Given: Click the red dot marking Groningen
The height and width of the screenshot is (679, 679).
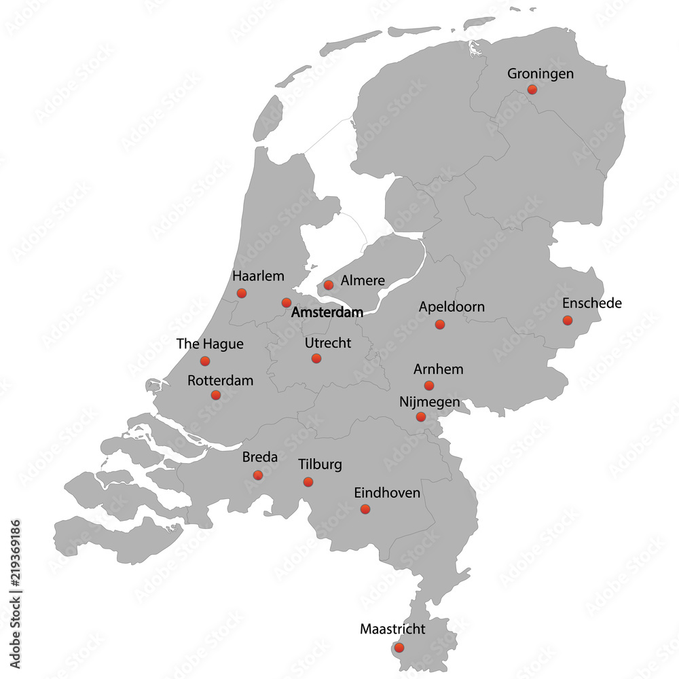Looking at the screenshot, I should (532, 89).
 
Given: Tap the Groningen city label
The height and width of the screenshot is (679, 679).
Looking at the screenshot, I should (540, 73).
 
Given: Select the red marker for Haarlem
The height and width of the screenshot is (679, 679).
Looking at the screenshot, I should (241, 293).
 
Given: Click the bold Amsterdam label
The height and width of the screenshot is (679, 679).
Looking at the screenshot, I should (327, 313).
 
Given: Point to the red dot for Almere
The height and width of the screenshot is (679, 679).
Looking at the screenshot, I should (329, 285).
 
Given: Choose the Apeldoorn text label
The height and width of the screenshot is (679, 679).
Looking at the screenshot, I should (452, 307).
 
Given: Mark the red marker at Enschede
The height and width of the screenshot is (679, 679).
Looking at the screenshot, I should (568, 320).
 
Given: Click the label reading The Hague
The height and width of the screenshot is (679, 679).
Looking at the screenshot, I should (210, 344).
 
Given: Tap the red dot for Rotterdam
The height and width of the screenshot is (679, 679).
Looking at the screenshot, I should (215, 395).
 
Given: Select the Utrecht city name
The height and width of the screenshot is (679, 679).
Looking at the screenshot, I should (328, 343).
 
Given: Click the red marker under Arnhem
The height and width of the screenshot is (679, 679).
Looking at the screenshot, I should (429, 386).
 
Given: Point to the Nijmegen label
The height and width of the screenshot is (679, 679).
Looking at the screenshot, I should (429, 402).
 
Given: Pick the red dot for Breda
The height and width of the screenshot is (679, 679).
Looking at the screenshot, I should (257, 475).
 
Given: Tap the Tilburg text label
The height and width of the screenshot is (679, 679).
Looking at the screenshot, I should (320, 465).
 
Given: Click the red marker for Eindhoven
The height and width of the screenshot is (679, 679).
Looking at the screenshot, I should (365, 509).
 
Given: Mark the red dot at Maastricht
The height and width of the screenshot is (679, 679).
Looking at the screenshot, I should (399, 648).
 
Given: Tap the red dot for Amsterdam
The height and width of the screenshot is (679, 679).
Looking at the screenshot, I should (287, 303).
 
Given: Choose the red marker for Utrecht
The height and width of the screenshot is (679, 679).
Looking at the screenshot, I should (316, 358).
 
